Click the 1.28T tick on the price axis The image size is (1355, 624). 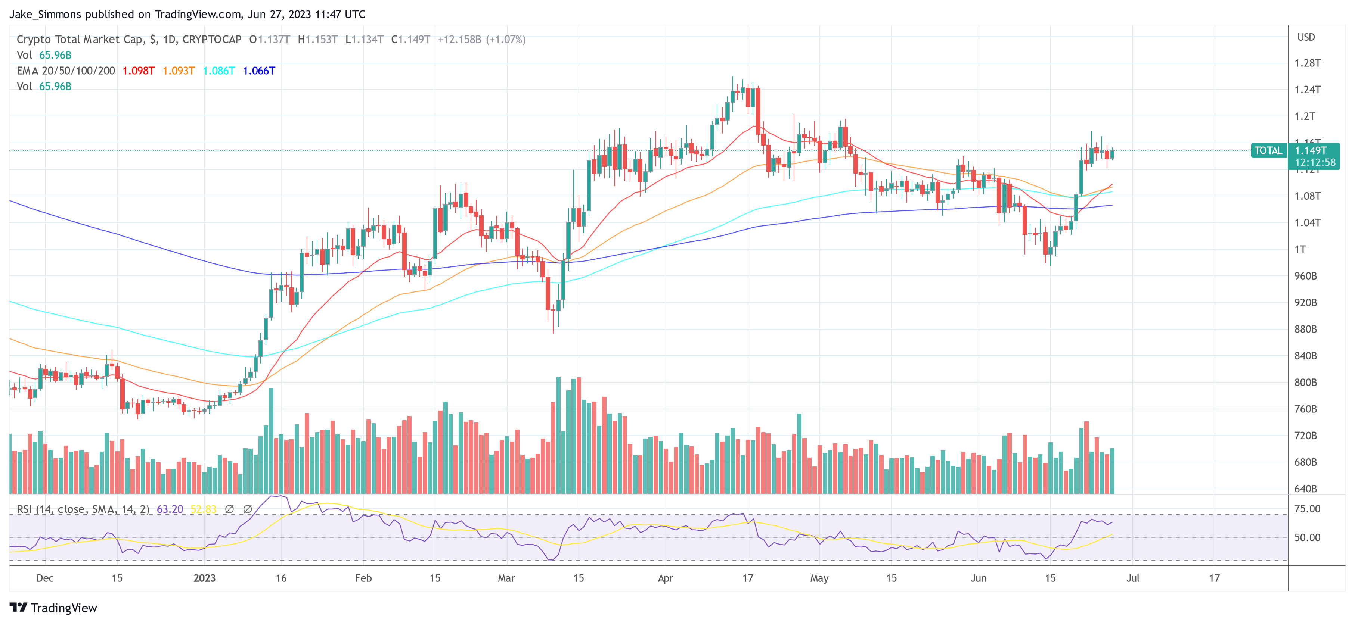pos(1307,63)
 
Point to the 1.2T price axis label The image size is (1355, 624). pos(1305,116)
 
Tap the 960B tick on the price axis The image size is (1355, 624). pos(1306,276)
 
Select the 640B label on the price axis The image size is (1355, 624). pos(1306,489)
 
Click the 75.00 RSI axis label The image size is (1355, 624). pos(1307,509)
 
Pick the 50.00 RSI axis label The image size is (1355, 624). pos(1307,537)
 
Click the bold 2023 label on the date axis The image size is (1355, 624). pos(205,578)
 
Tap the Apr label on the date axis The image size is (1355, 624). pos(666,578)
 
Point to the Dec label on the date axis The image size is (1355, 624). pos(45,578)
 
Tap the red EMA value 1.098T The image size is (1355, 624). pos(138,71)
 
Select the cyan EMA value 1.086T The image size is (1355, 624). pos(219,71)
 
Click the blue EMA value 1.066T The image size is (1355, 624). pos(259,71)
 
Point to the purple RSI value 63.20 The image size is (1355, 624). pos(170,509)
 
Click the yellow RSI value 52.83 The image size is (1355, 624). pos(204,509)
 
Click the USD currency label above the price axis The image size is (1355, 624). pos(1306,37)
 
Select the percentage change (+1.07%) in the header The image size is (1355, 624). pos(506,40)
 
